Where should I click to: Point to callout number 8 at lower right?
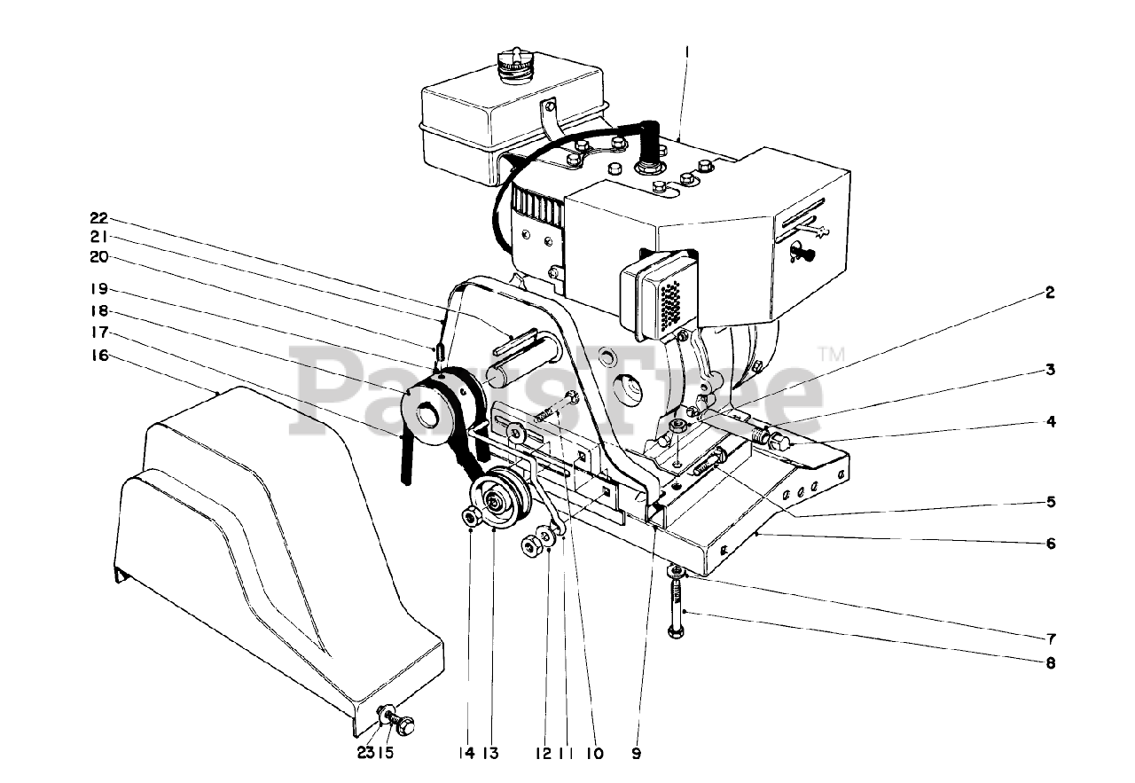1050,662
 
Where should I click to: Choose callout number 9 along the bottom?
636,754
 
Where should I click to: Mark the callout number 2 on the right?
1050,293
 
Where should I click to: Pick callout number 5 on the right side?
1050,501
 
